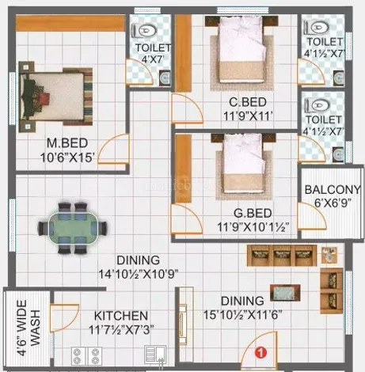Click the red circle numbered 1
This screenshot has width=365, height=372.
point(260,352)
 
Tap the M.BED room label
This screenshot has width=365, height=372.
point(67,143)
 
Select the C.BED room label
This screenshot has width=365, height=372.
point(248,102)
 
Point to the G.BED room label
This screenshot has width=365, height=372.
point(253,213)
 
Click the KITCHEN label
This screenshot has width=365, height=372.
point(121,316)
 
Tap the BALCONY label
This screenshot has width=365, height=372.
point(333,190)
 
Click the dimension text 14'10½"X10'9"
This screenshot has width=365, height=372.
point(139,274)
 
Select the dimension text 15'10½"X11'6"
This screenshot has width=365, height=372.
point(242,314)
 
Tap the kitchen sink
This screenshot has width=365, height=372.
point(155,355)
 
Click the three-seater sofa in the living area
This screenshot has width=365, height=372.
point(282,256)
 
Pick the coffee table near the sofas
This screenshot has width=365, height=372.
point(285,293)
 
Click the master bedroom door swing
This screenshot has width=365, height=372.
point(113,150)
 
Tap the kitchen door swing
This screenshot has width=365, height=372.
point(64,317)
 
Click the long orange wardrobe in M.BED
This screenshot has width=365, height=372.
point(70,23)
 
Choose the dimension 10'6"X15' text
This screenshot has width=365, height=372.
point(67,158)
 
